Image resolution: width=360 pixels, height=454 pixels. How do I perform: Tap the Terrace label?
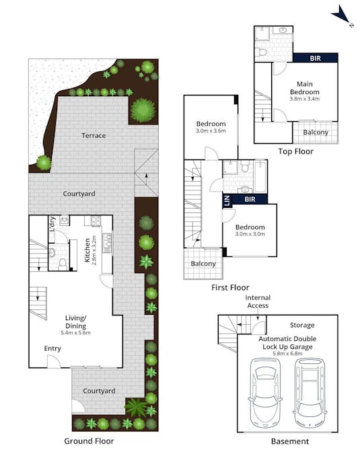tap(94, 136)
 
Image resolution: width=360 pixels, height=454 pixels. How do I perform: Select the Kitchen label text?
tap(86, 250)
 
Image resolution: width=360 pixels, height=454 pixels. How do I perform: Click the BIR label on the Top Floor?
tap(314, 59)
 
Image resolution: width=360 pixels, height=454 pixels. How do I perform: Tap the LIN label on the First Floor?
tap(227, 200)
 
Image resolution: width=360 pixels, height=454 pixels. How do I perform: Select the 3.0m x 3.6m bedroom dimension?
tap(211, 131)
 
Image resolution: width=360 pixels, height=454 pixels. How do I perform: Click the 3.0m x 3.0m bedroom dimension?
tap(250, 234)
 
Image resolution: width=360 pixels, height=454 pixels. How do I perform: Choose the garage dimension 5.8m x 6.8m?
tap(287, 352)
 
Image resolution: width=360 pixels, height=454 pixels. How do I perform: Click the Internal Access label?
tap(256, 301)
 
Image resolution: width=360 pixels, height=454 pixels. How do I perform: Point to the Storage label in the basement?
tap(301, 326)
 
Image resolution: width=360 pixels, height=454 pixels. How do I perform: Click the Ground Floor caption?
tap(89, 441)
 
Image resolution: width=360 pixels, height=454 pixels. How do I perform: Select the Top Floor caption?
tap(295, 151)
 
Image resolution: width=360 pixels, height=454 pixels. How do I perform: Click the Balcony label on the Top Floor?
tap(316, 133)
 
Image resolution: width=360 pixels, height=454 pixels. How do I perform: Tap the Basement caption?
tap(289, 442)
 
